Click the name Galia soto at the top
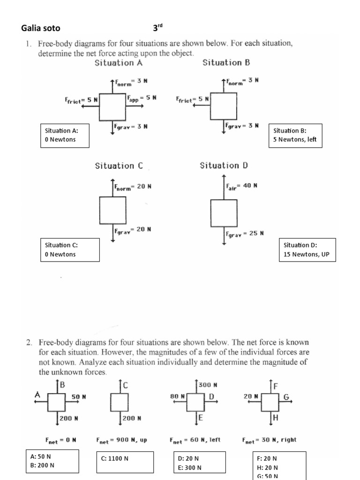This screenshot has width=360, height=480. [x=41, y=28]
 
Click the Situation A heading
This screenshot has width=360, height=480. [x=119, y=62]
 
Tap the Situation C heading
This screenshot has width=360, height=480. [x=119, y=165]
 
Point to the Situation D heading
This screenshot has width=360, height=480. [x=224, y=165]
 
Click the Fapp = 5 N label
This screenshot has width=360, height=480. [x=141, y=98]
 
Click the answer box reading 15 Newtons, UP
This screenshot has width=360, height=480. [x=307, y=250]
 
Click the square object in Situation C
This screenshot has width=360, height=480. [x=112, y=210]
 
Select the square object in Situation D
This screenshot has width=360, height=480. [x=224, y=212]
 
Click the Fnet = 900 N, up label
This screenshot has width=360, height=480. [x=121, y=440]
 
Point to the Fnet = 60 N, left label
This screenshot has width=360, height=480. [x=195, y=440]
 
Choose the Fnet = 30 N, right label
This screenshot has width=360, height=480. [x=269, y=440]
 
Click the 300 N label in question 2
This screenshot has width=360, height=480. [x=209, y=385]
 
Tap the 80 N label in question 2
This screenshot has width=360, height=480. [x=179, y=396]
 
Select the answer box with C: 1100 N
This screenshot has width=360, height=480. [x=124, y=458]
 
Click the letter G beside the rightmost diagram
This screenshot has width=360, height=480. [x=286, y=397]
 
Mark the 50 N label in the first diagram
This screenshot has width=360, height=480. [x=79, y=397]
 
